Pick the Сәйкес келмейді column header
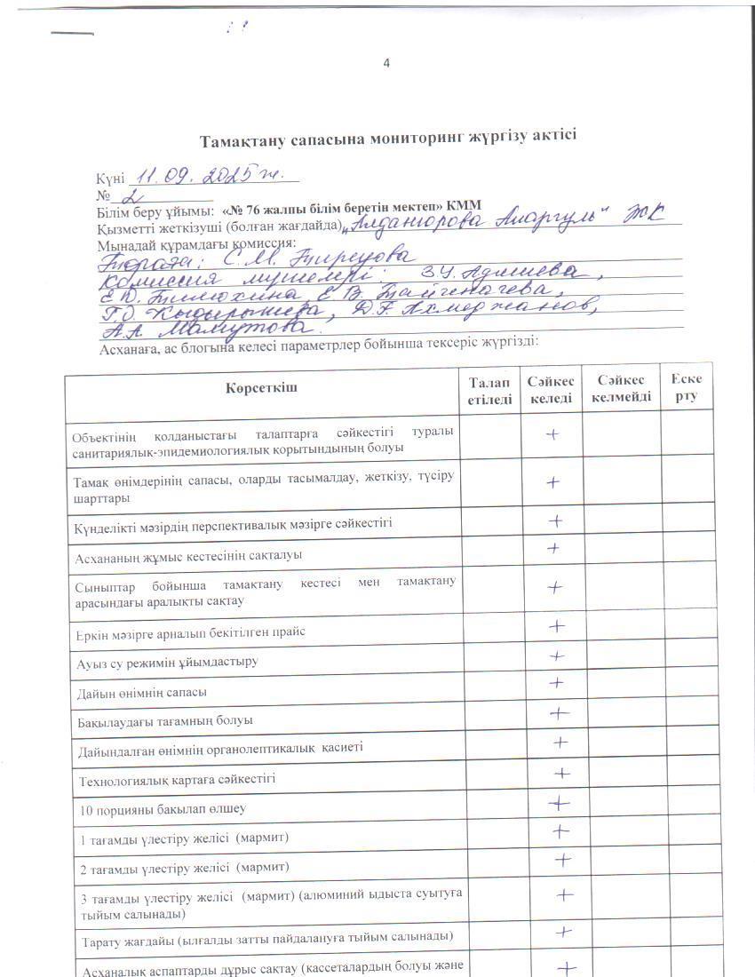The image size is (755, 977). tap(621, 388)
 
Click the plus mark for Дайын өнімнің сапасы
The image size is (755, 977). tap(556, 682)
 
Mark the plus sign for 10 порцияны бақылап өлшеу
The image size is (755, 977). tap(558, 803)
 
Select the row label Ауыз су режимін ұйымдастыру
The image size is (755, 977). tap(169, 662)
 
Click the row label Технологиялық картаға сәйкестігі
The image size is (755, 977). tap(178, 779)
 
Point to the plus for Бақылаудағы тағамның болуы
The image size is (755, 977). tap(559, 712)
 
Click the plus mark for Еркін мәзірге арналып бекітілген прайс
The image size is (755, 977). tap(557, 625)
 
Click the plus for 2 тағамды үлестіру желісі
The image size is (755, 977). tap(561, 859)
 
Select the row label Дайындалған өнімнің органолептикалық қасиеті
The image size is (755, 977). tap(219, 748)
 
